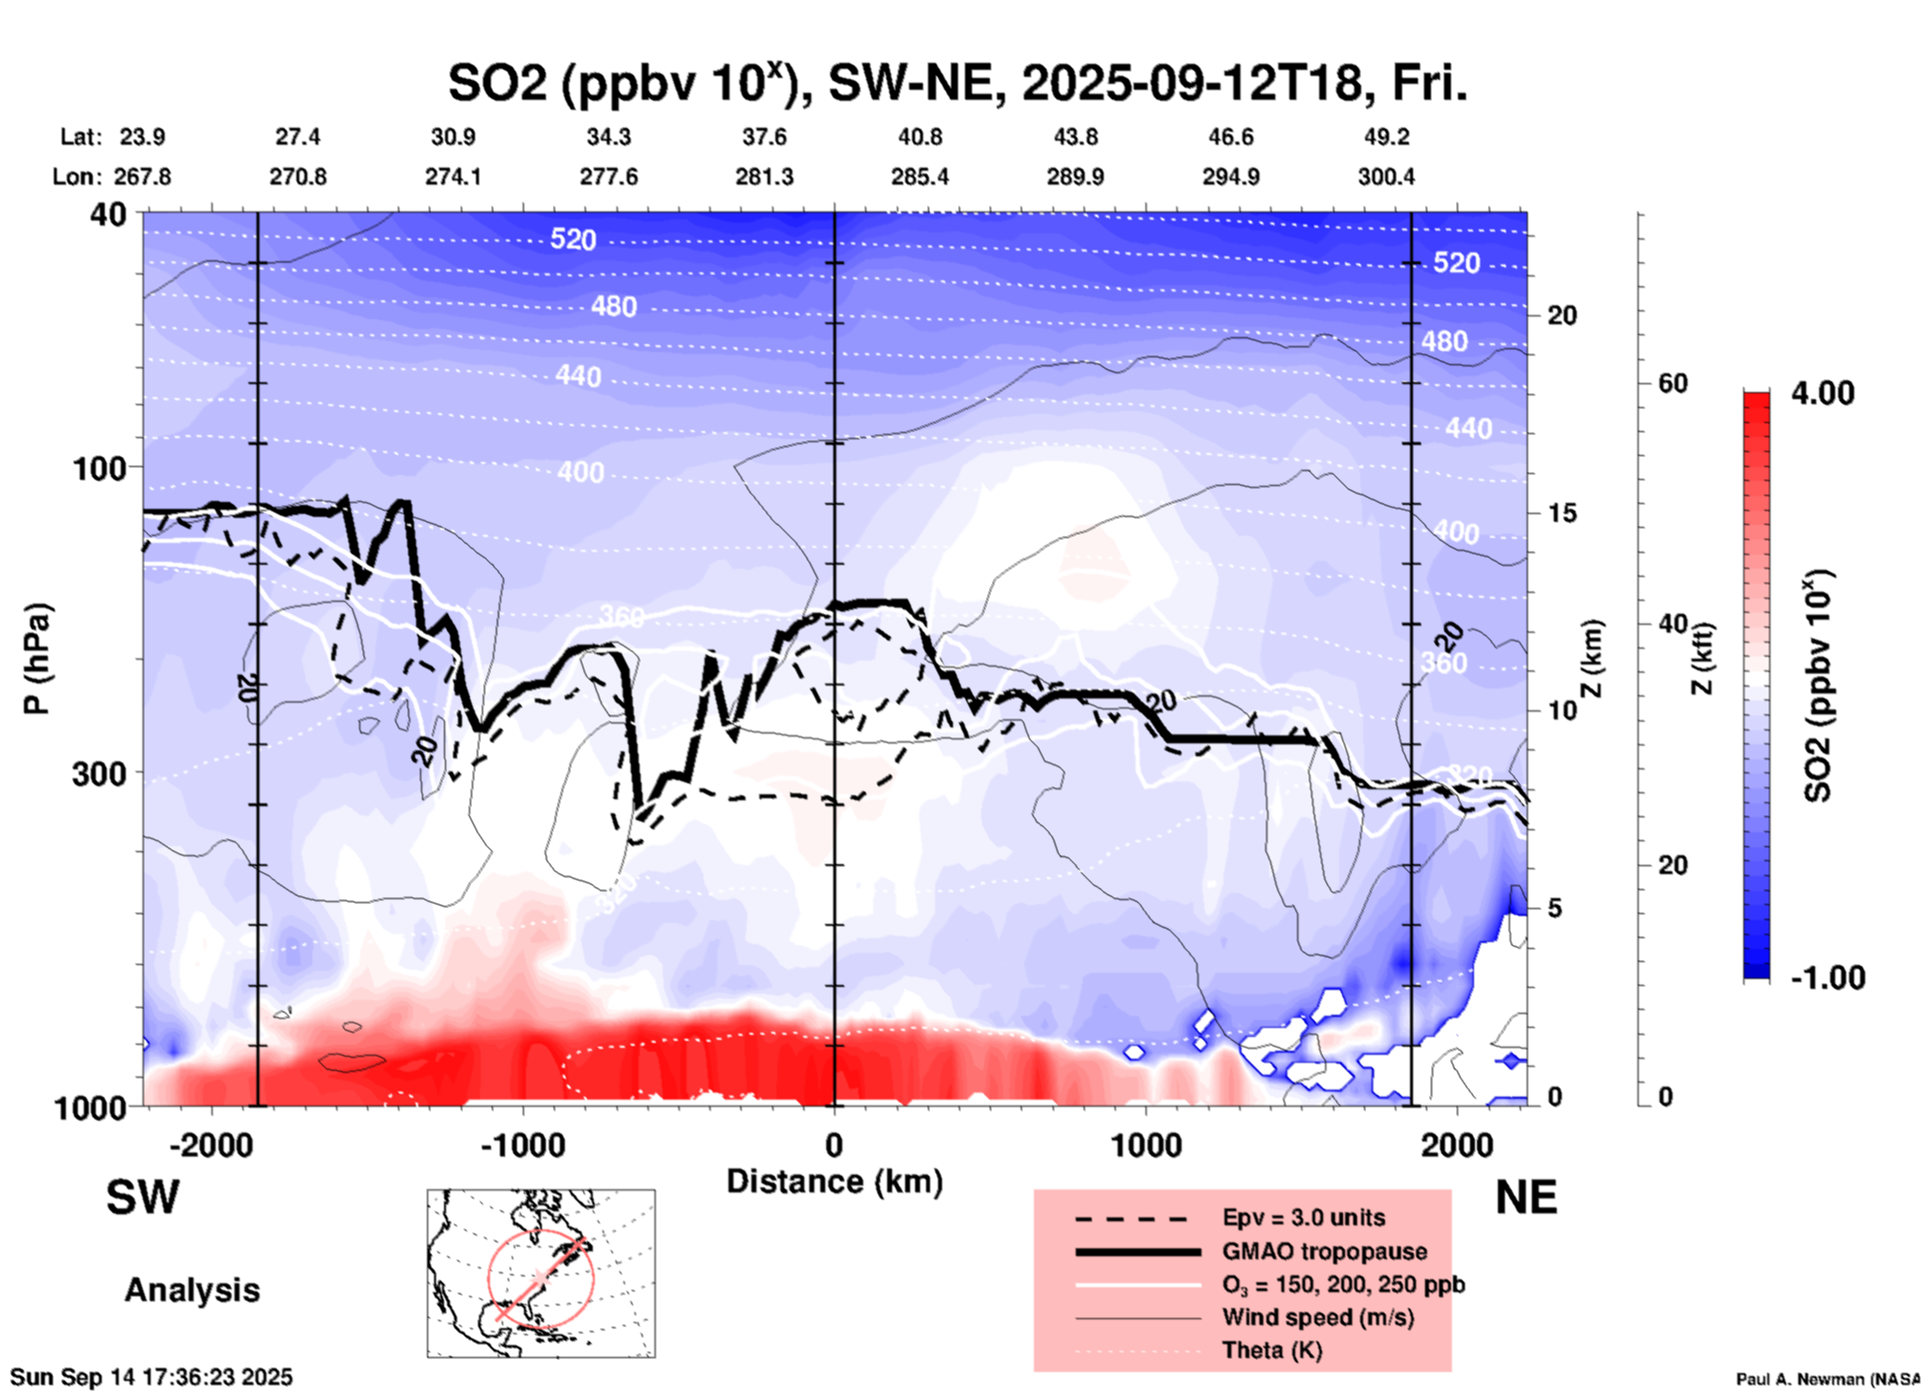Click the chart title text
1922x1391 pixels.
click(957, 83)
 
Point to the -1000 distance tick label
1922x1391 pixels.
click(523, 1146)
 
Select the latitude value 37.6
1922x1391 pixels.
click(763, 137)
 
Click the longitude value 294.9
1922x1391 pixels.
click(1230, 177)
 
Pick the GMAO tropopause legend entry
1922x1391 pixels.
click(1323, 1251)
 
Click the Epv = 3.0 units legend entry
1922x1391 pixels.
click(1302, 1217)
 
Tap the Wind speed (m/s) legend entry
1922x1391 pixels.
click(1317, 1317)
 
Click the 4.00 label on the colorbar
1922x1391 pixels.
click(1822, 393)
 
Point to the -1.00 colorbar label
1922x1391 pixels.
click(1826, 978)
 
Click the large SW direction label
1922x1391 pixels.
click(143, 1197)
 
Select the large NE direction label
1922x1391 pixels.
click(1526, 1197)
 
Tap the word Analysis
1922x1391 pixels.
click(192, 1290)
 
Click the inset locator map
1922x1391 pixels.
click(541, 1273)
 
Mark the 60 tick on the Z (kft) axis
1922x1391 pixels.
click(1673, 383)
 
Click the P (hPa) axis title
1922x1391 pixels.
click(38, 659)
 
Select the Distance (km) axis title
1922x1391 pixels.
click(834, 1181)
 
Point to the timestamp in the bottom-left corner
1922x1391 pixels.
click(152, 1377)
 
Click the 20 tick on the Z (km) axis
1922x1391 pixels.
click(1562, 315)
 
